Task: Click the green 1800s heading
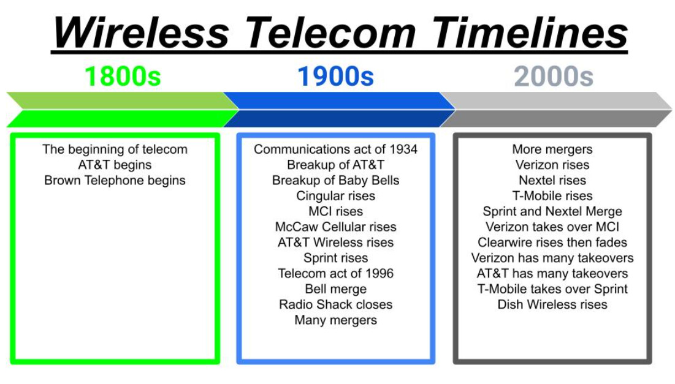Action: pyautogui.click(x=123, y=76)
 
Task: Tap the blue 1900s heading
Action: pyautogui.click(x=336, y=76)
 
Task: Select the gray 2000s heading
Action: pyautogui.click(x=554, y=76)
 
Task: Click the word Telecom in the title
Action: pyautogui.click(x=331, y=32)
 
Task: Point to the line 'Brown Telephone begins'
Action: pyautogui.click(x=115, y=180)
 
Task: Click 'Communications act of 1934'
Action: pyautogui.click(x=336, y=149)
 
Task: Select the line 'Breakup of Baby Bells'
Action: pyautogui.click(x=336, y=180)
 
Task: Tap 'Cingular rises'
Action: pyautogui.click(x=336, y=195)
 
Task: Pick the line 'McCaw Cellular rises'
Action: pyautogui.click(x=336, y=227)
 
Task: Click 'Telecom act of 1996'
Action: pyautogui.click(x=336, y=273)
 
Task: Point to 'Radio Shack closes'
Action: pyautogui.click(x=336, y=304)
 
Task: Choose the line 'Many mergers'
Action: pyautogui.click(x=336, y=320)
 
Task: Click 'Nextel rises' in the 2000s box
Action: pyautogui.click(x=552, y=180)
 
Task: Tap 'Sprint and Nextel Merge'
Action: pyautogui.click(x=552, y=211)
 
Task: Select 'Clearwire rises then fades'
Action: pyautogui.click(x=552, y=242)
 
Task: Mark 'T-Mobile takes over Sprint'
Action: pyautogui.click(x=552, y=288)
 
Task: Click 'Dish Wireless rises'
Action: pyautogui.click(x=552, y=304)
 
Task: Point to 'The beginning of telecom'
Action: pyautogui.click(x=115, y=149)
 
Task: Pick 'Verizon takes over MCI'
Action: pyautogui.click(x=552, y=227)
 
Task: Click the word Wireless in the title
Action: pyautogui.click(x=141, y=32)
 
